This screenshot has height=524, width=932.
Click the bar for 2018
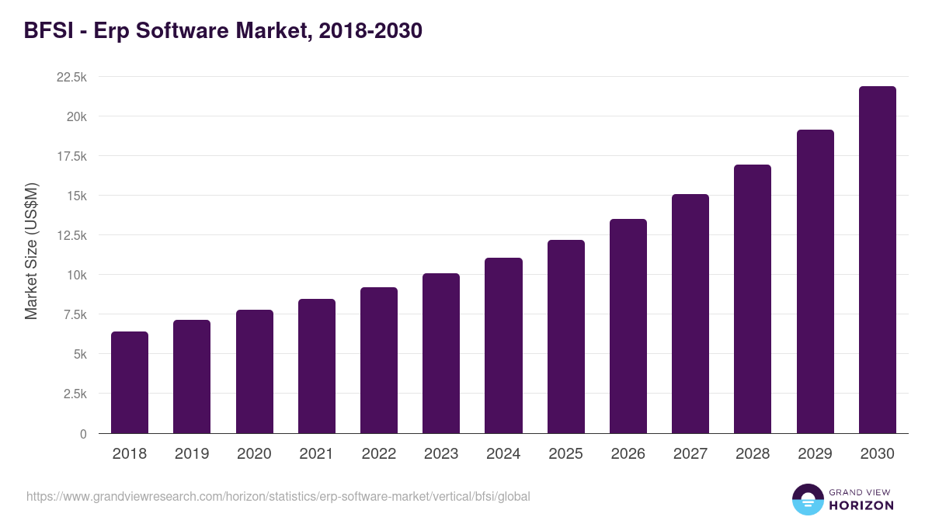(130, 382)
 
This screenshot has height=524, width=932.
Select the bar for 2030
(877, 259)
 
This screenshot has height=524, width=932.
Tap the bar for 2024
(503, 345)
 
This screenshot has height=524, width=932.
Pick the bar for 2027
(690, 314)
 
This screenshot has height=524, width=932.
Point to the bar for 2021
(317, 366)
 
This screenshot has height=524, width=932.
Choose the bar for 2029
(815, 281)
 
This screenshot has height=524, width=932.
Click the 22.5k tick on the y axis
(71, 77)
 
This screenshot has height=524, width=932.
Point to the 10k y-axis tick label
(76, 275)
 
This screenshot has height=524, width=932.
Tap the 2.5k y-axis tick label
(75, 394)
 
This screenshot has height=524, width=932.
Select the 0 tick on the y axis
(82, 434)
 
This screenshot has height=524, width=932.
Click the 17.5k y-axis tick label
(71, 156)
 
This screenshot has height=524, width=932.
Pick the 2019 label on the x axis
(192, 454)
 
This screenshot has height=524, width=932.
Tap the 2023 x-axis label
(441, 454)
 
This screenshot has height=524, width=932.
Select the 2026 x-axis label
(628, 454)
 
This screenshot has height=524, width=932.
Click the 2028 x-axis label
(753, 454)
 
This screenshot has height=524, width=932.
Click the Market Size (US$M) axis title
(31, 252)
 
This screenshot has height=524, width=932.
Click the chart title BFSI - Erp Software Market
(223, 31)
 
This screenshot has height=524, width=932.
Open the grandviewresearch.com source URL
(278, 496)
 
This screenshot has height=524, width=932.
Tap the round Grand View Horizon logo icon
(808, 499)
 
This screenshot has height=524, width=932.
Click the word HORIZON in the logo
(861, 505)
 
